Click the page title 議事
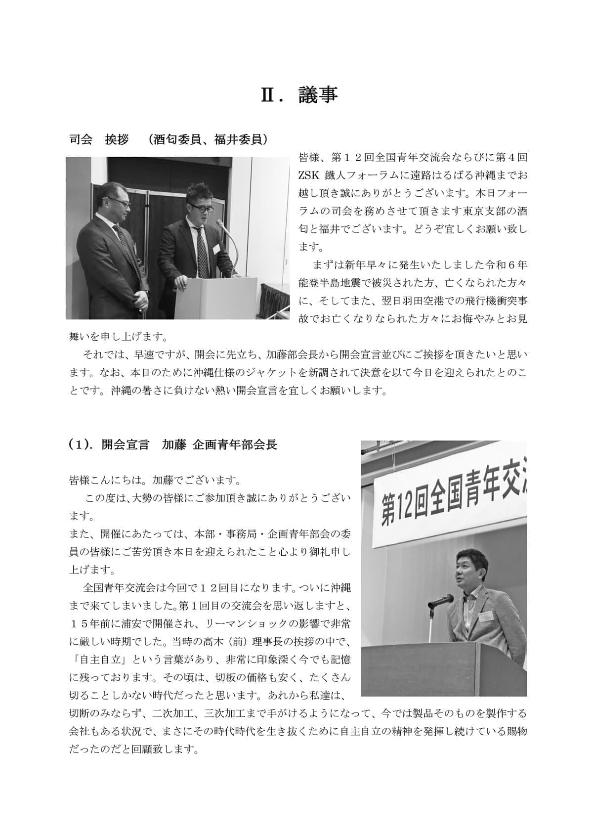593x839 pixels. point(318,95)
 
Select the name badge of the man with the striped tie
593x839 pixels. point(216,250)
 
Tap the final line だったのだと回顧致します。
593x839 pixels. point(134,750)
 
